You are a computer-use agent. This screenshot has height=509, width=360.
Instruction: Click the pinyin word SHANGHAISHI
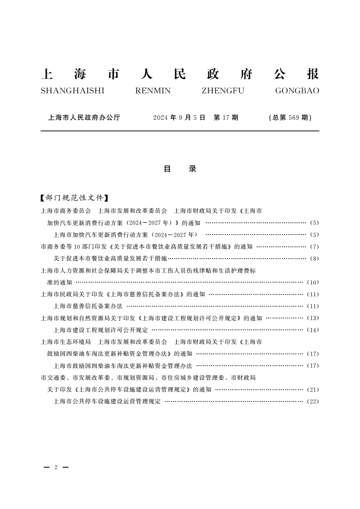[72, 91]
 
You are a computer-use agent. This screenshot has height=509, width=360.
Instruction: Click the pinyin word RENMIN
[153, 91]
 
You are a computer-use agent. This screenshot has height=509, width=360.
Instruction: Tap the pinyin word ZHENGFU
[222, 91]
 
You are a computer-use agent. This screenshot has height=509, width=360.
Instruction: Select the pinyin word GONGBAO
[297, 91]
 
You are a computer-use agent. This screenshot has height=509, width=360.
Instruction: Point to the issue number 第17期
[226, 117]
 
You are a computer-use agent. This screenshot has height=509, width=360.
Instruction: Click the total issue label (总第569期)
[290, 117]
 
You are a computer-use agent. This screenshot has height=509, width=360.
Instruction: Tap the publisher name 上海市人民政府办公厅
[84, 117]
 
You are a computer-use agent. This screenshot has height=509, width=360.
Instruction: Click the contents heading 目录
[180, 169]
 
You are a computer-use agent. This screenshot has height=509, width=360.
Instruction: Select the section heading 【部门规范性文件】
[74, 198]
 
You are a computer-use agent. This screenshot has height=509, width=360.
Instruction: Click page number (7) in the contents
[314, 247]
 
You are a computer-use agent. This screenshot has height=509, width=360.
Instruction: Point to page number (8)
[314, 259]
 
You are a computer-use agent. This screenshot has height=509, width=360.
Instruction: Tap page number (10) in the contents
[313, 282]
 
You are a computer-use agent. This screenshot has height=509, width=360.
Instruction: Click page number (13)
[313, 318]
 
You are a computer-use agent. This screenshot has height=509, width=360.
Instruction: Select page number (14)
[313, 330]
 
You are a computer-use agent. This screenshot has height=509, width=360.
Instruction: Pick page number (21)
[313, 389]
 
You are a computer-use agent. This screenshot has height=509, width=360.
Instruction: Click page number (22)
[313, 401]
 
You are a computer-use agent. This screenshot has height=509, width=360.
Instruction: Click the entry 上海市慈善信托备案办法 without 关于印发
[88, 306]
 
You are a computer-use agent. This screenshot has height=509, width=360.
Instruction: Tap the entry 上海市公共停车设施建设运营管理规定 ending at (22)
[107, 401]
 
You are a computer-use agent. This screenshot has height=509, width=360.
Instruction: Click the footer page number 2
[55, 467]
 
